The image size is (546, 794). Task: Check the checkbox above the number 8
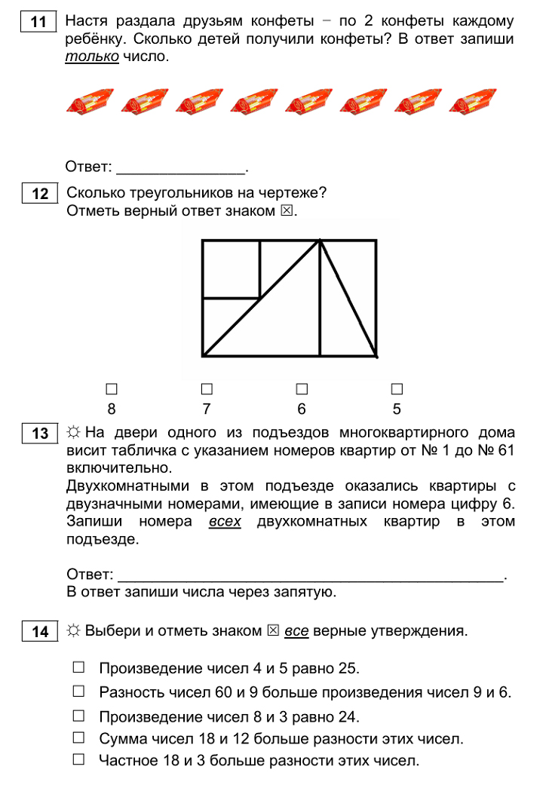[112, 389]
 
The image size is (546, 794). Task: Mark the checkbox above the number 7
[207, 389]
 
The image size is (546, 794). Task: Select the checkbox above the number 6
[302, 389]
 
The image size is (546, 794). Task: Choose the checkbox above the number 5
[397, 389]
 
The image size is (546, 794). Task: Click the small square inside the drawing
[232, 269]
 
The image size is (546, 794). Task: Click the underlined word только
[92, 57]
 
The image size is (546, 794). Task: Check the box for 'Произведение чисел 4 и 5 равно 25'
[79, 667]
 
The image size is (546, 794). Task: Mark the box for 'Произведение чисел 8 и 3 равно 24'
[79, 714]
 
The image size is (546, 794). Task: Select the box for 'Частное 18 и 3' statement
[79, 760]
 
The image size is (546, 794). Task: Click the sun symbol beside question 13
[74, 433]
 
